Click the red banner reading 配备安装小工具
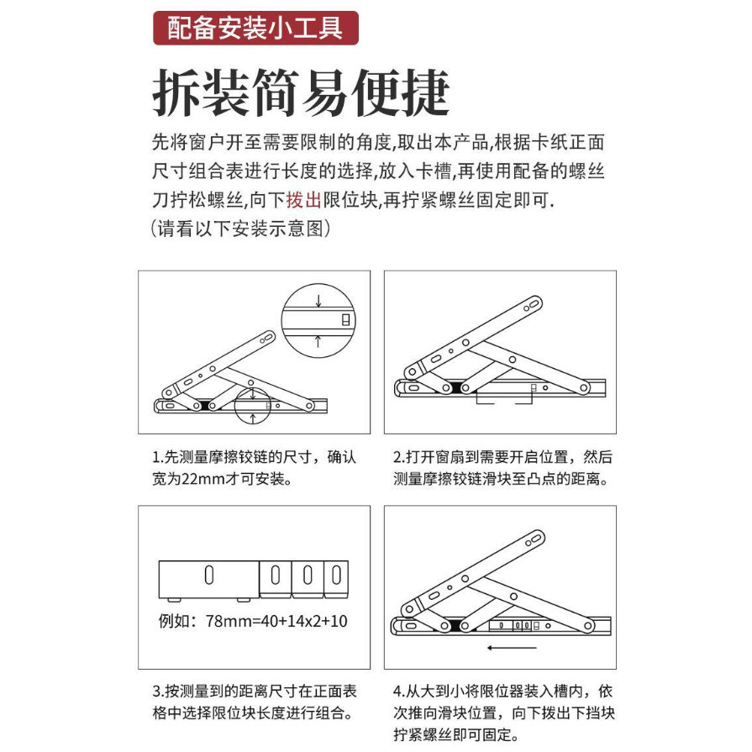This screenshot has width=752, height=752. [255, 28]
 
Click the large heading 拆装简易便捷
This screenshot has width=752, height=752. [301, 92]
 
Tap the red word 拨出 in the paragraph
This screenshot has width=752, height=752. [303, 199]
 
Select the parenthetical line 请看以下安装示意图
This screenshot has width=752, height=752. [240, 229]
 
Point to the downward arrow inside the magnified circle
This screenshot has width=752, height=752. [318, 300]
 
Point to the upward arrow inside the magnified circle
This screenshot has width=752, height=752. [318, 341]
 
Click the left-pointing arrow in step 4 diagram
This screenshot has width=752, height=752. [511, 648]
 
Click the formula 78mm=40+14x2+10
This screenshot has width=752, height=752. [276, 621]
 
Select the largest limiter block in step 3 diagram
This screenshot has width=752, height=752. [208, 580]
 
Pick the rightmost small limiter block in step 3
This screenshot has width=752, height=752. [336, 580]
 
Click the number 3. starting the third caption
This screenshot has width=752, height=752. [159, 692]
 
